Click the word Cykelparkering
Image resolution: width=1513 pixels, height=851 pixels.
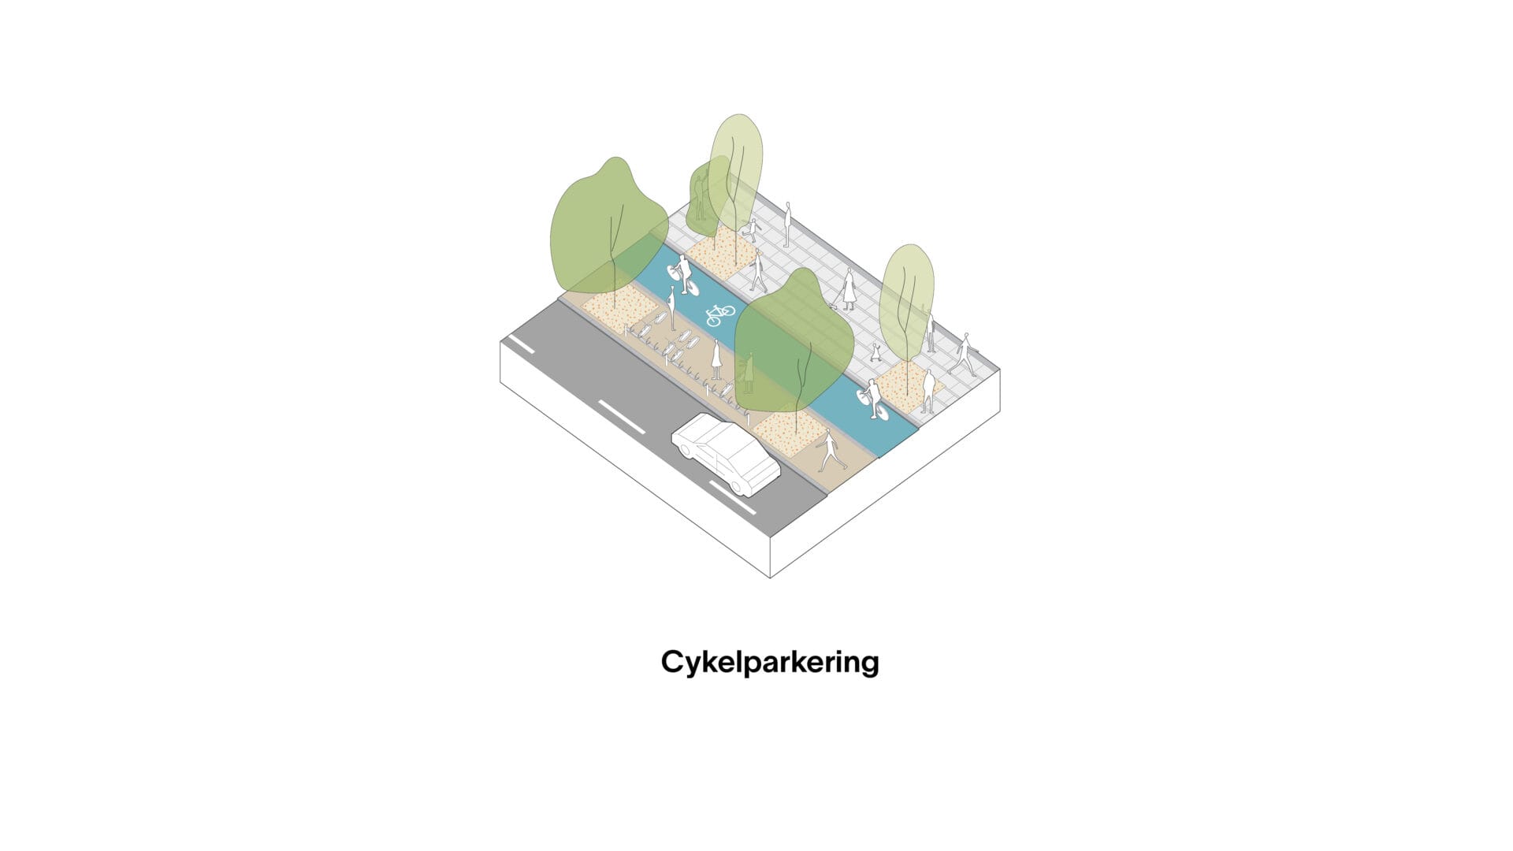769,663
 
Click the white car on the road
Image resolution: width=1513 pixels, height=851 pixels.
726,455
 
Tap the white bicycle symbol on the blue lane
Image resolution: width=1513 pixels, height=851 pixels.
719,314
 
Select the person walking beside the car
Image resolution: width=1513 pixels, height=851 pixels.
830,452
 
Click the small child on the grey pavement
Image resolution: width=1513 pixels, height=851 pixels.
876,352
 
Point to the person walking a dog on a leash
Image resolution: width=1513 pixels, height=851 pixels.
847,289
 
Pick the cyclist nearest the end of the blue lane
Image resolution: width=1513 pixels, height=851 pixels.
873,399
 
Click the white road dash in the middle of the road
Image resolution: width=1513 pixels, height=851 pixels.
622,417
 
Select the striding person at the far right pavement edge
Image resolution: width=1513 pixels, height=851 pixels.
962,354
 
